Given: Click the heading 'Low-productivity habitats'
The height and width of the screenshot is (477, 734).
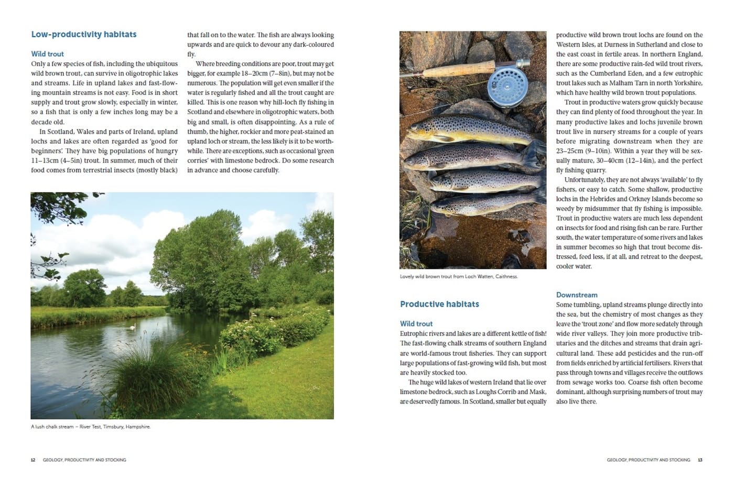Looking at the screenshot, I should tap(83, 35).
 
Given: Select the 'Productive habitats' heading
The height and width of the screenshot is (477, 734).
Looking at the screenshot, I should tap(439, 304).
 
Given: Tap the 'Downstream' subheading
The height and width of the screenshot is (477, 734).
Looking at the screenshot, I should tap(576, 295).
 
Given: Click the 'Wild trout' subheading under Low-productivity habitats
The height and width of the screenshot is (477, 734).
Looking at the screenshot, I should tap(47, 54).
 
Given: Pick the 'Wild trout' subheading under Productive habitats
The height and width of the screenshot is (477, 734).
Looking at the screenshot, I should tap(416, 324).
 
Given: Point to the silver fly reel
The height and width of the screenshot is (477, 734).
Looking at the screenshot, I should tap(507, 85).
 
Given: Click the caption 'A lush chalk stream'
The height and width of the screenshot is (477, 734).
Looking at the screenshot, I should tap(90, 427).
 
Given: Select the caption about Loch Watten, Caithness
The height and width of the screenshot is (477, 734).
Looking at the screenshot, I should tap(458, 276).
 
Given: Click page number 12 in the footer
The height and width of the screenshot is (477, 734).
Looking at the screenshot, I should tap(33, 460).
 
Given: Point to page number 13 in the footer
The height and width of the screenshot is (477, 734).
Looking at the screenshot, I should tap(700, 460).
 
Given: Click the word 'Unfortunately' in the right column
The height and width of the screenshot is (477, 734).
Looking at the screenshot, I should tap(584, 180).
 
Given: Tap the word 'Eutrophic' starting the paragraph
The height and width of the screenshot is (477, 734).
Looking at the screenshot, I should tap(414, 333).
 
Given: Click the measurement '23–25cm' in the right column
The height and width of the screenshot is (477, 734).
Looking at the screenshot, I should tap(570, 151).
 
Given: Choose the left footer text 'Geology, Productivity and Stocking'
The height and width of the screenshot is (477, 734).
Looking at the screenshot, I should tap(84, 460).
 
